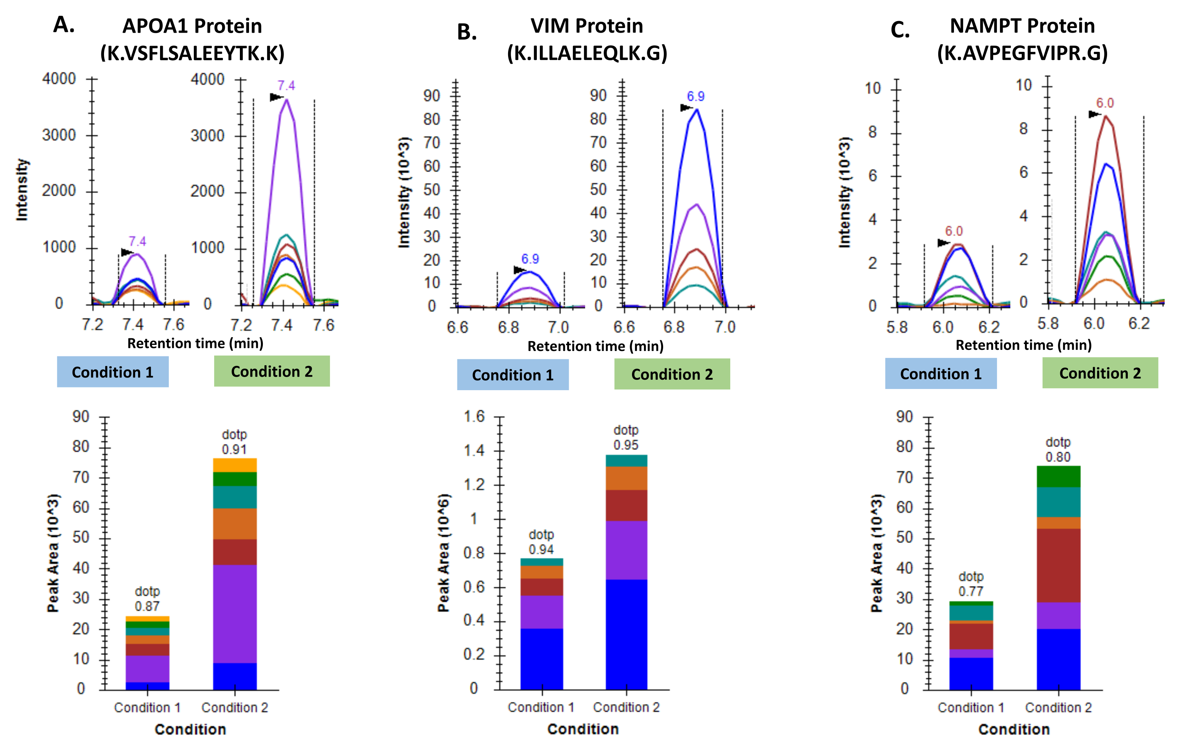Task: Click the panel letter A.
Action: tap(64, 25)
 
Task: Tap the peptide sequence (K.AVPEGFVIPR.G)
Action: tap(1022, 53)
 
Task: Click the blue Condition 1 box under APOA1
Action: tap(113, 372)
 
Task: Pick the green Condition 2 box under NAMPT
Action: tap(1100, 373)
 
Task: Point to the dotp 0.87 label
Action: tap(147, 599)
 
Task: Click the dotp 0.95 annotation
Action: tap(626, 438)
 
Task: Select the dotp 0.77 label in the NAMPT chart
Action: tap(971, 584)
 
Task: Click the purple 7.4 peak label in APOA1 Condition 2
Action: tap(286, 86)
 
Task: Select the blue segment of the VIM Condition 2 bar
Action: tap(626, 634)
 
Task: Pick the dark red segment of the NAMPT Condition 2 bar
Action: tap(1058, 565)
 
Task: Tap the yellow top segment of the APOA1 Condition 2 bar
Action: tap(235, 465)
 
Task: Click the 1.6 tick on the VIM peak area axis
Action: tap(474, 417)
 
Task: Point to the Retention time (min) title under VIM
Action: tap(596, 346)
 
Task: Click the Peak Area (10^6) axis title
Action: tap(444, 553)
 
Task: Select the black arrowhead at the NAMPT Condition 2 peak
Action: tap(1094, 114)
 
